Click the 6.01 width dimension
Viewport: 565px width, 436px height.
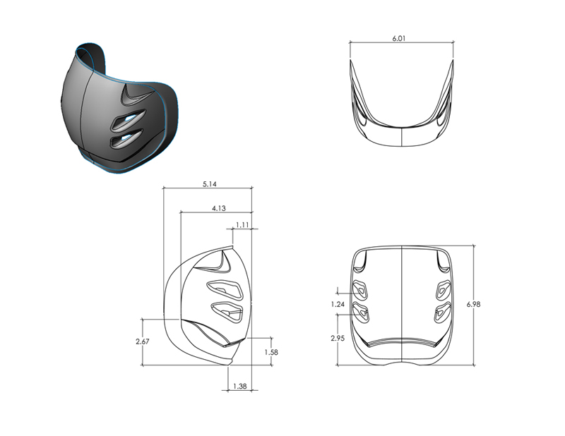coord(399,38)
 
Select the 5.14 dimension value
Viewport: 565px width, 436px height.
coord(210,184)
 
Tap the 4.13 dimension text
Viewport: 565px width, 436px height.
coord(219,208)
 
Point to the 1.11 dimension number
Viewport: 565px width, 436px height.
coord(242,225)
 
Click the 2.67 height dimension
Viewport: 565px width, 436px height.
coord(143,341)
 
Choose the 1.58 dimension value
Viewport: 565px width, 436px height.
coord(271,352)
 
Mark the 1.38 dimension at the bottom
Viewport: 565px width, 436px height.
coord(240,387)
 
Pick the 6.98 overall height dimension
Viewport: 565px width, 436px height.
coord(473,304)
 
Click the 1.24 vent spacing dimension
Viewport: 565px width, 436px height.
coord(338,304)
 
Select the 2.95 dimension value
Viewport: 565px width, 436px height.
coord(338,338)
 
